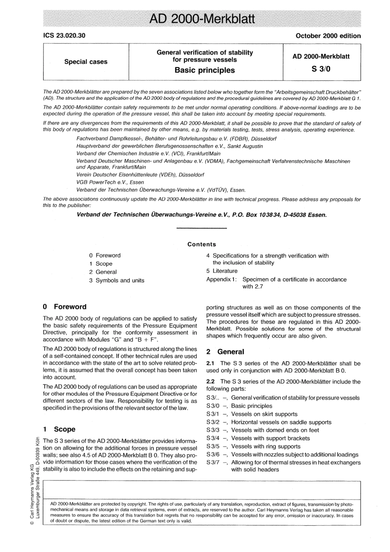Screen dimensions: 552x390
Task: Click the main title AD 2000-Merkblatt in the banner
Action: (201, 19)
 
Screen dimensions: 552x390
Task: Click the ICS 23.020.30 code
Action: (64, 36)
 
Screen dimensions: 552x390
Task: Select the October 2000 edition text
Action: (328, 36)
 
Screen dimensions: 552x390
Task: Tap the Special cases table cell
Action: (86, 62)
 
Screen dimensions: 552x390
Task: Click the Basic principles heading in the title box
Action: (204, 70)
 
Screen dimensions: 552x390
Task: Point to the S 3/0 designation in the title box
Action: (321, 69)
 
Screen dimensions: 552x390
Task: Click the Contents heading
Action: (202, 244)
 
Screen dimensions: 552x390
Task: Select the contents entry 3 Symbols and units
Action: (117, 280)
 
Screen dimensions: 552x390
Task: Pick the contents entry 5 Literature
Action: (222, 271)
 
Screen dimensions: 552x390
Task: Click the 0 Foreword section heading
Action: (65, 307)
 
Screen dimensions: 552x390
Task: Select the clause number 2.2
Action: (211, 382)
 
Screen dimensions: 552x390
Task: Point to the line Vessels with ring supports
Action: (266, 446)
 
